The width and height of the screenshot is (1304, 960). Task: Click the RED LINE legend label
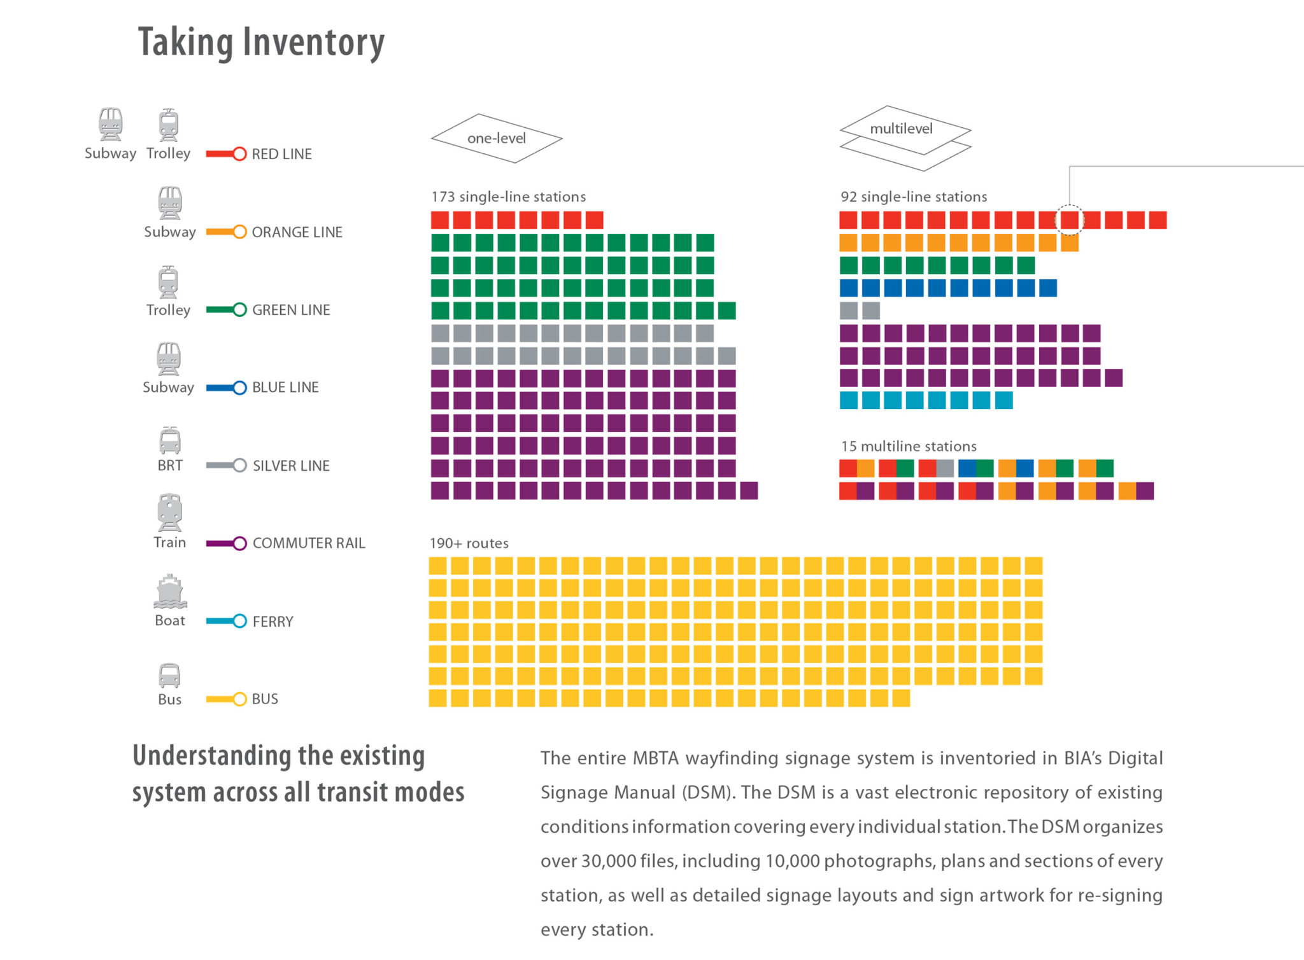click(x=281, y=154)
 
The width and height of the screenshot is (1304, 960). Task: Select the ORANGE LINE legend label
click(x=297, y=232)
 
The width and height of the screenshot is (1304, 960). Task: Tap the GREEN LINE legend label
click(x=291, y=310)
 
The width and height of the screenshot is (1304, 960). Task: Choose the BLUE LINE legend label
click(x=285, y=387)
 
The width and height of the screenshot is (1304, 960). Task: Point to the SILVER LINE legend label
click(x=291, y=466)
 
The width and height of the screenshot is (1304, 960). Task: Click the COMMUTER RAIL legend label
click(x=309, y=543)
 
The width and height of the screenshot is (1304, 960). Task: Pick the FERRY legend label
click(x=273, y=622)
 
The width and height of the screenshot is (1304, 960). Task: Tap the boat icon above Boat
click(x=170, y=592)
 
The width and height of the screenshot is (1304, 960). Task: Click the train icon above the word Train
click(x=169, y=512)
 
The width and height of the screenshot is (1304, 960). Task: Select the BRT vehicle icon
click(x=170, y=440)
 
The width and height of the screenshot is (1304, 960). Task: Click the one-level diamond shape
click(x=497, y=138)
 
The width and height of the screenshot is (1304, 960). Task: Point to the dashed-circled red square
click(x=1070, y=220)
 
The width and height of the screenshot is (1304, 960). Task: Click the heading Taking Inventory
click(x=261, y=42)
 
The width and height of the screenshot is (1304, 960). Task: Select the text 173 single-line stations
click(x=508, y=197)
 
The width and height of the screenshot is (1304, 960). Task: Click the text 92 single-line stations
click(x=914, y=197)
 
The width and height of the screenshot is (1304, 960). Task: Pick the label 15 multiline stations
click(x=909, y=446)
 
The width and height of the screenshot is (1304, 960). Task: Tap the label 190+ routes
click(x=469, y=543)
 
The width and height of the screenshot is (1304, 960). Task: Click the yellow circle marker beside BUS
click(x=239, y=699)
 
